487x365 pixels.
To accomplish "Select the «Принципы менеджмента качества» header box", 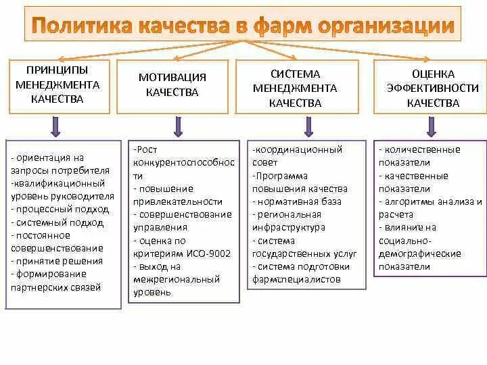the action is coord(57,84).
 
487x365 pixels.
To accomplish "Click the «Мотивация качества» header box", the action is coord(172,84).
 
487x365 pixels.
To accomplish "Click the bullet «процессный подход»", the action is coord(57,209).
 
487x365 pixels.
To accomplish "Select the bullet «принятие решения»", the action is coord(57,261).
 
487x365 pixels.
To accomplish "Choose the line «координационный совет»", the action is coord(298,156).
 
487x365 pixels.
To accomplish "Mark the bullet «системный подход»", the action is coord(57,222).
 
